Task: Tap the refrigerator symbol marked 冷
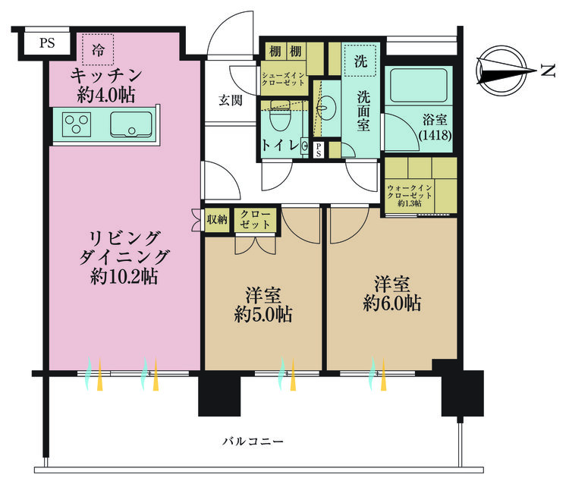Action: [x=99, y=50]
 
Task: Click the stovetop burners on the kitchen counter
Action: [x=77, y=123]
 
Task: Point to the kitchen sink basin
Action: [x=130, y=123]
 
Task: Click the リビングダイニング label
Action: [x=123, y=256]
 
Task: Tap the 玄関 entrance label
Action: [x=231, y=99]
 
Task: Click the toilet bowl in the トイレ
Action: [x=278, y=119]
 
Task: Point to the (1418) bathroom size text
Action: [x=435, y=136]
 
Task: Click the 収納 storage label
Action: [x=217, y=220]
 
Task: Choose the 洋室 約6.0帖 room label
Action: [x=391, y=294]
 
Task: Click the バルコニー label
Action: [x=253, y=441]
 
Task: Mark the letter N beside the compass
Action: [x=545, y=71]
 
